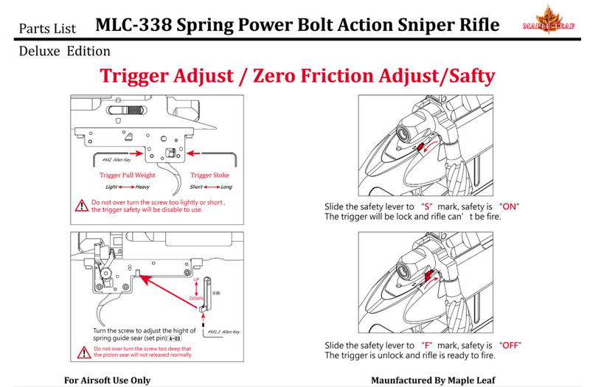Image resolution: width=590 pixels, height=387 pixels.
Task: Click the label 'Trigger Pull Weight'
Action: click(128, 175)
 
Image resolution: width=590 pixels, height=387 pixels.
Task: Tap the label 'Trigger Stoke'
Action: click(210, 175)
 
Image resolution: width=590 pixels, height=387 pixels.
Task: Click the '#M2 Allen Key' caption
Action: click(112, 158)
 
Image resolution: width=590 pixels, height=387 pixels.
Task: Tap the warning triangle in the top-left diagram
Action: click(82, 206)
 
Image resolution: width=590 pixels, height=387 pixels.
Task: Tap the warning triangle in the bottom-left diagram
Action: click(82, 350)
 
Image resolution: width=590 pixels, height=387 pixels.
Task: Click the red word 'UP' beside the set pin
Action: click(197, 281)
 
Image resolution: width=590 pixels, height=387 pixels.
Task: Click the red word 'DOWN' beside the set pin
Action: click(197, 297)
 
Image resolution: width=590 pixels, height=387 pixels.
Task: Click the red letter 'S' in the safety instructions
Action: click(426, 206)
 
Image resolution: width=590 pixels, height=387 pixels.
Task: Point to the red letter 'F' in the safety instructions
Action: click(426, 345)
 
